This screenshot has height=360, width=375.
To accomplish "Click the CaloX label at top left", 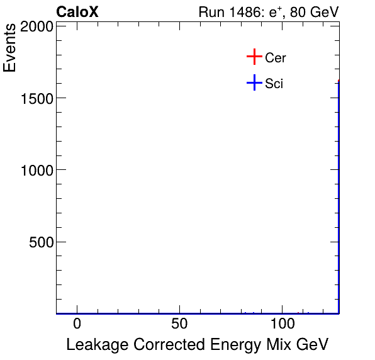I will pos(77,12).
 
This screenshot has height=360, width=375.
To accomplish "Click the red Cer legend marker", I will pos(254,57).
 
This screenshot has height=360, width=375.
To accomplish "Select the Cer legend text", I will pos(276,58).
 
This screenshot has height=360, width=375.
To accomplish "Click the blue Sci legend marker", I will pos(254,82).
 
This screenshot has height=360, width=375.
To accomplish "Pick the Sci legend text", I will pos(274,83).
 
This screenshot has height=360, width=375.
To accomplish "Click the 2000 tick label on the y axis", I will pos(35,26).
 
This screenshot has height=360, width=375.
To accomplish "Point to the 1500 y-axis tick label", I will pos(35,98).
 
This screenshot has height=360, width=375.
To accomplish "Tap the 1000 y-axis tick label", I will pos(35,170).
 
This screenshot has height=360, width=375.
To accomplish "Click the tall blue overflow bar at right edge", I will pos(339,201).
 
